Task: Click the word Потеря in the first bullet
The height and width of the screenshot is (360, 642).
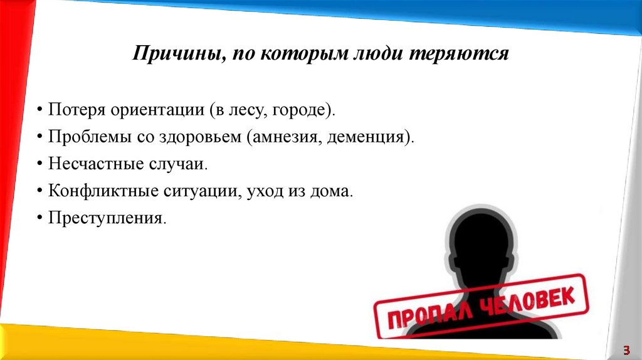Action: coord(75,110)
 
